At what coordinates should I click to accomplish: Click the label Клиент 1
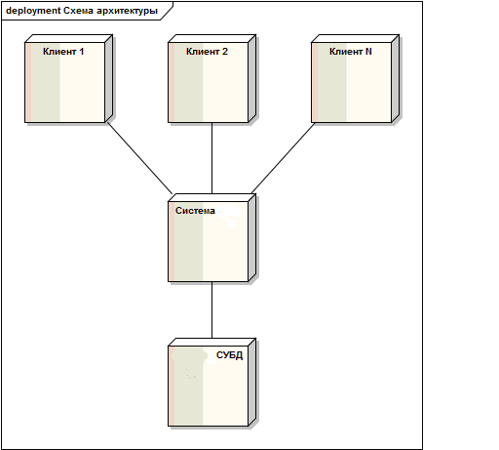pyautogui.click(x=63, y=52)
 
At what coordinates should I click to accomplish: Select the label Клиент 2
pyautogui.click(x=207, y=52)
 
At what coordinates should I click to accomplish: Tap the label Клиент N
pyautogui.click(x=351, y=52)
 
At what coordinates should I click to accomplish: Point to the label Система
pyautogui.click(x=195, y=211)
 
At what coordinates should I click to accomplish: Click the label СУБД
pyautogui.click(x=229, y=355)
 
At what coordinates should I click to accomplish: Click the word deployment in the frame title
pyautogui.click(x=33, y=11)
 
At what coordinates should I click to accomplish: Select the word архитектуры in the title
pyautogui.click(x=127, y=11)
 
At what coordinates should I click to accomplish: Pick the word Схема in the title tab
pyautogui.click(x=78, y=11)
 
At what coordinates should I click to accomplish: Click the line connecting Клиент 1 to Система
pyautogui.click(x=140, y=158)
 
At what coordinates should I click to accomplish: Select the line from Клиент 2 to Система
pyautogui.click(x=212, y=158)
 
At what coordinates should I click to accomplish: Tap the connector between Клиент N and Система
pyautogui.click(x=283, y=158)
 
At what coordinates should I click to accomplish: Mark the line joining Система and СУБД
pyautogui.click(x=212, y=309)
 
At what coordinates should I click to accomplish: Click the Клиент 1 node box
pyautogui.click(x=69, y=79)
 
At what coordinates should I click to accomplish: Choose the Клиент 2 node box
pyautogui.click(x=212, y=79)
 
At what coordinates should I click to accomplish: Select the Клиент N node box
pyautogui.click(x=356, y=79)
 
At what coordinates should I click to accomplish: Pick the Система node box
pyautogui.click(x=212, y=238)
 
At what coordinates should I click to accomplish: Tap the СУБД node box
pyautogui.click(x=212, y=383)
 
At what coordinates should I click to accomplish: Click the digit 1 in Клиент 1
pyautogui.click(x=82, y=52)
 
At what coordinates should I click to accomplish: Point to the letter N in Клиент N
pyautogui.click(x=368, y=52)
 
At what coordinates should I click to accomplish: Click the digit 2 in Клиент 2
pyautogui.click(x=225, y=52)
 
